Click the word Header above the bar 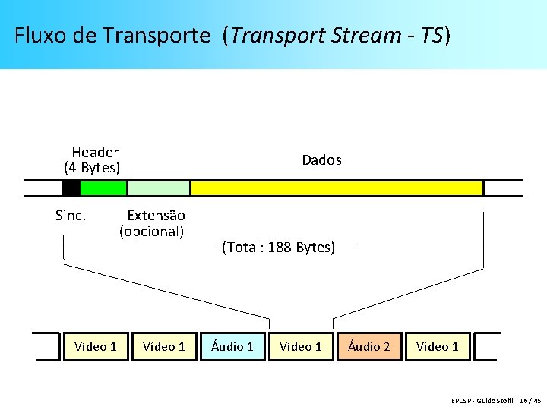click(x=95, y=153)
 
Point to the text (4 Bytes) click(x=92, y=167)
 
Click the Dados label click(x=321, y=160)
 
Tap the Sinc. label click(x=71, y=216)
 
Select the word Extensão click(x=156, y=216)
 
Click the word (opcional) click(x=152, y=231)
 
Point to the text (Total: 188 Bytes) click(x=278, y=248)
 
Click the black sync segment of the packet click(x=71, y=188)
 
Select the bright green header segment click(x=103, y=188)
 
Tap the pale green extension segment click(x=158, y=188)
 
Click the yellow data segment click(x=337, y=188)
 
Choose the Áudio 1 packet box click(x=232, y=346)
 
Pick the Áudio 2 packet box click(x=369, y=346)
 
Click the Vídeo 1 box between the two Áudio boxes click(x=301, y=346)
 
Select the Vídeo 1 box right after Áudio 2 click(x=438, y=346)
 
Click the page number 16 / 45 click(x=530, y=400)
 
